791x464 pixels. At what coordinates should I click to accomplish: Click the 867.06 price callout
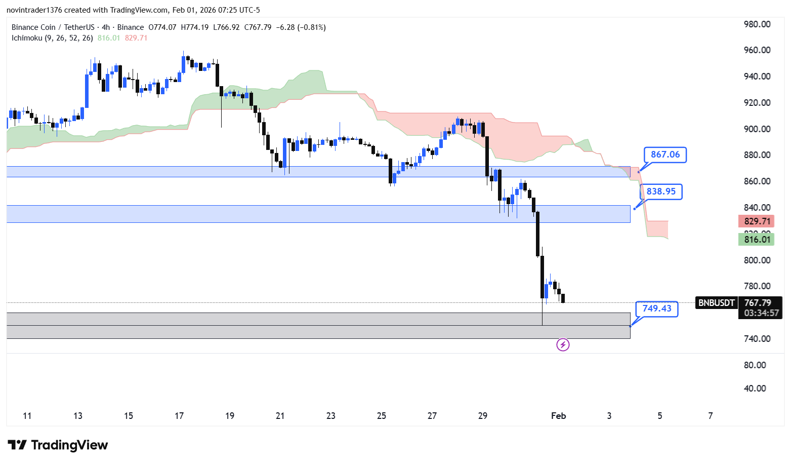[x=665, y=154]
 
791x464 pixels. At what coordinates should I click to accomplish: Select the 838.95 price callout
[x=661, y=191]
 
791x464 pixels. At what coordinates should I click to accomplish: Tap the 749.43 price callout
[x=657, y=308]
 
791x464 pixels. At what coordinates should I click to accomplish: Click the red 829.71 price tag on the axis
[x=757, y=221]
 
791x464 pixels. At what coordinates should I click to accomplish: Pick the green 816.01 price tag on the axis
[x=757, y=240]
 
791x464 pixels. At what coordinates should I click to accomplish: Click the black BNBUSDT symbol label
[x=716, y=303]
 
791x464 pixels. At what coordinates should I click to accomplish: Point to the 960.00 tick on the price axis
[x=757, y=50]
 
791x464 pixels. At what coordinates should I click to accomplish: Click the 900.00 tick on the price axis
[x=757, y=129]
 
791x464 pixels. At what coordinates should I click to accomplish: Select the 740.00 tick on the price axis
[x=757, y=339]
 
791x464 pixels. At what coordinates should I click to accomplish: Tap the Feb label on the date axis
[x=558, y=416]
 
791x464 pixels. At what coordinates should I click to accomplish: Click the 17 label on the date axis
[x=179, y=416]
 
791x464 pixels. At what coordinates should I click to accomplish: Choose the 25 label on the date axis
[x=382, y=416]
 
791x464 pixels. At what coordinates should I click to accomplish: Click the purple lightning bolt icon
[x=563, y=345]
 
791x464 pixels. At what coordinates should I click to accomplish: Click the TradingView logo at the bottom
[x=58, y=445]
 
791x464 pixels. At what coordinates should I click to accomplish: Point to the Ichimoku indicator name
[x=27, y=38]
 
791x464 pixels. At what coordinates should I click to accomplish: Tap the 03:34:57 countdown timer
[x=761, y=313]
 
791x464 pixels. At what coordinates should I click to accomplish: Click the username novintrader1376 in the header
[x=34, y=10]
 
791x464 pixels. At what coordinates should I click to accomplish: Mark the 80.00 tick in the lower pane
[x=755, y=365]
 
